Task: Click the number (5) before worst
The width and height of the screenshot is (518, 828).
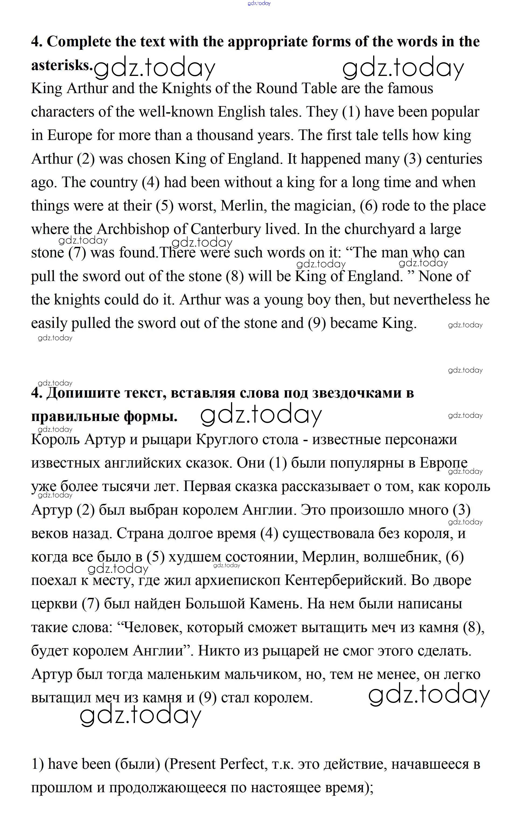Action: pyautogui.click(x=164, y=206)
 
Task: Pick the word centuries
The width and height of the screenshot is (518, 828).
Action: pyautogui.click(x=454, y=159)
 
